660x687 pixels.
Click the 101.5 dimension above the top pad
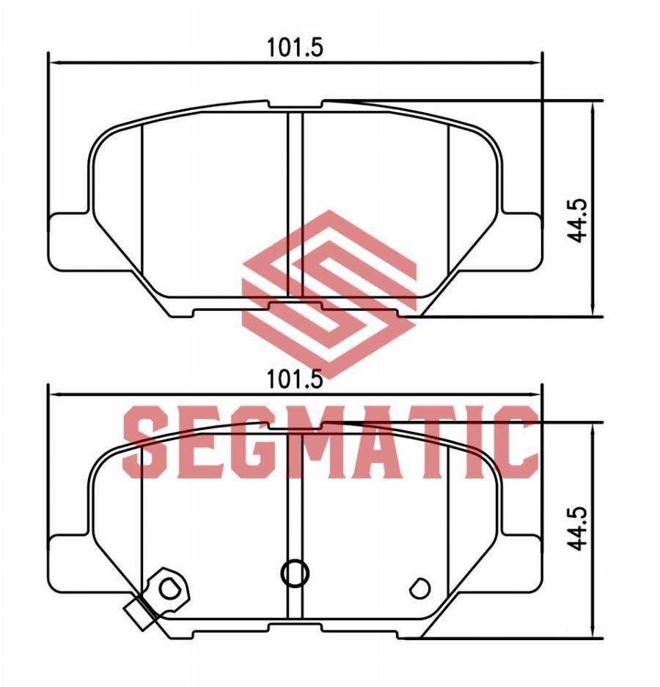click(295, 48)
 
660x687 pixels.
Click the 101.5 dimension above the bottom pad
click(295, 379)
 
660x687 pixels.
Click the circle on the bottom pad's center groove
click(295, 573)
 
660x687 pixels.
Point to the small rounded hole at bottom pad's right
click(420, 589)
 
